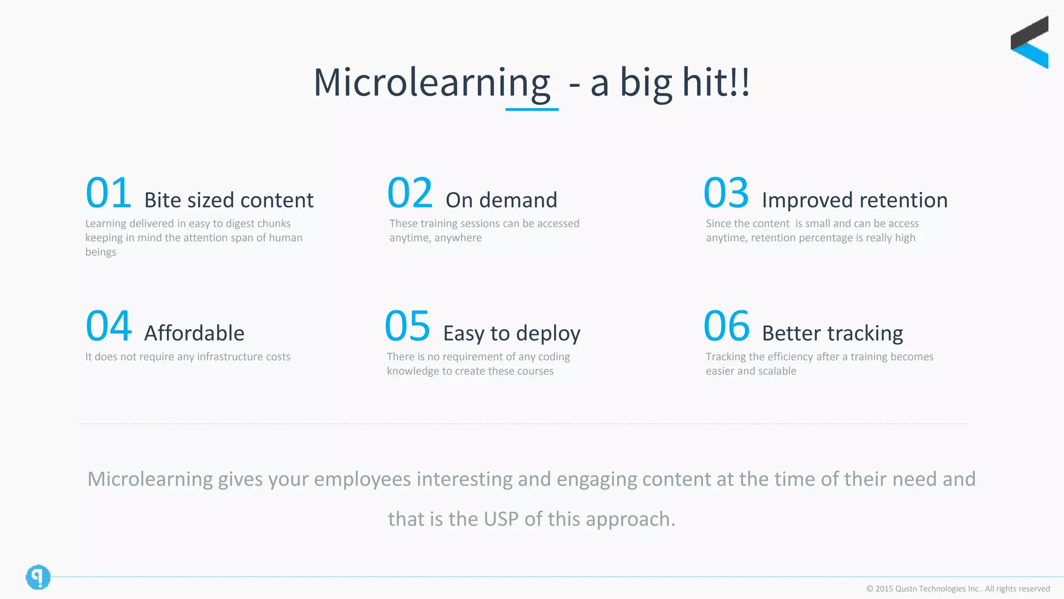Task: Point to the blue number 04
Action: (108, 327)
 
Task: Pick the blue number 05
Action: (407, 327)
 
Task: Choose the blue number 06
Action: (726, 327)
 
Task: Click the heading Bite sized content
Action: (229, 200)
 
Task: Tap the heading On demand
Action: (501, 200)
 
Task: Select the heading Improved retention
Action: (854, 200)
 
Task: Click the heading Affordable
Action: (194, 333)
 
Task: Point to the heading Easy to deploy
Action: (511, 334)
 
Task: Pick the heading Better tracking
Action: (832, 333)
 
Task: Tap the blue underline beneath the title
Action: (531, 109)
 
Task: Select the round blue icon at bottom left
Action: (38, 577)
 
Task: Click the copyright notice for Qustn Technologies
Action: (957, 589)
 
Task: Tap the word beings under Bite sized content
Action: (100, 252)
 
